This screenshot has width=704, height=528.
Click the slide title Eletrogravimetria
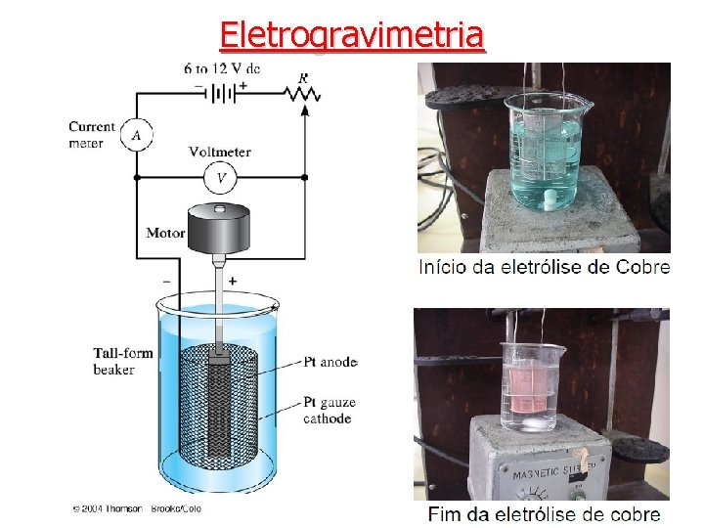pos(352,35)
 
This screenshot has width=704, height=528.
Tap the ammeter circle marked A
pos(137,136)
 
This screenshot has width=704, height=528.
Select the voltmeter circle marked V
pos(221,178)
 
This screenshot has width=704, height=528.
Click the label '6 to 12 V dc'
pos(222,68)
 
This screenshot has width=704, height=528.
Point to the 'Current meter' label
pos(91,135)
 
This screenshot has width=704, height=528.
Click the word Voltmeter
pos(220,152)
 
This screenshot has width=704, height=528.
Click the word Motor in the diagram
pos(165,233)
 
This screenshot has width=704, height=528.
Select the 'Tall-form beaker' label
pos(122,361)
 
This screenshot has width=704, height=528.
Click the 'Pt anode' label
pos(330,362)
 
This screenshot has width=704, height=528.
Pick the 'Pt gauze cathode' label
pos(329,411)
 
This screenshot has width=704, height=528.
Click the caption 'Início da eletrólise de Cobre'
pos(544,267)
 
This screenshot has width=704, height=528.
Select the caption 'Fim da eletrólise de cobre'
pos(544,514)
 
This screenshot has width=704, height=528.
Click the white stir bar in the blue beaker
pos(552,201)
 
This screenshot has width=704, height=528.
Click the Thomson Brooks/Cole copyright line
pos(137,509)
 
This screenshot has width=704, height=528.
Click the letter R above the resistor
pos(303,77)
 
